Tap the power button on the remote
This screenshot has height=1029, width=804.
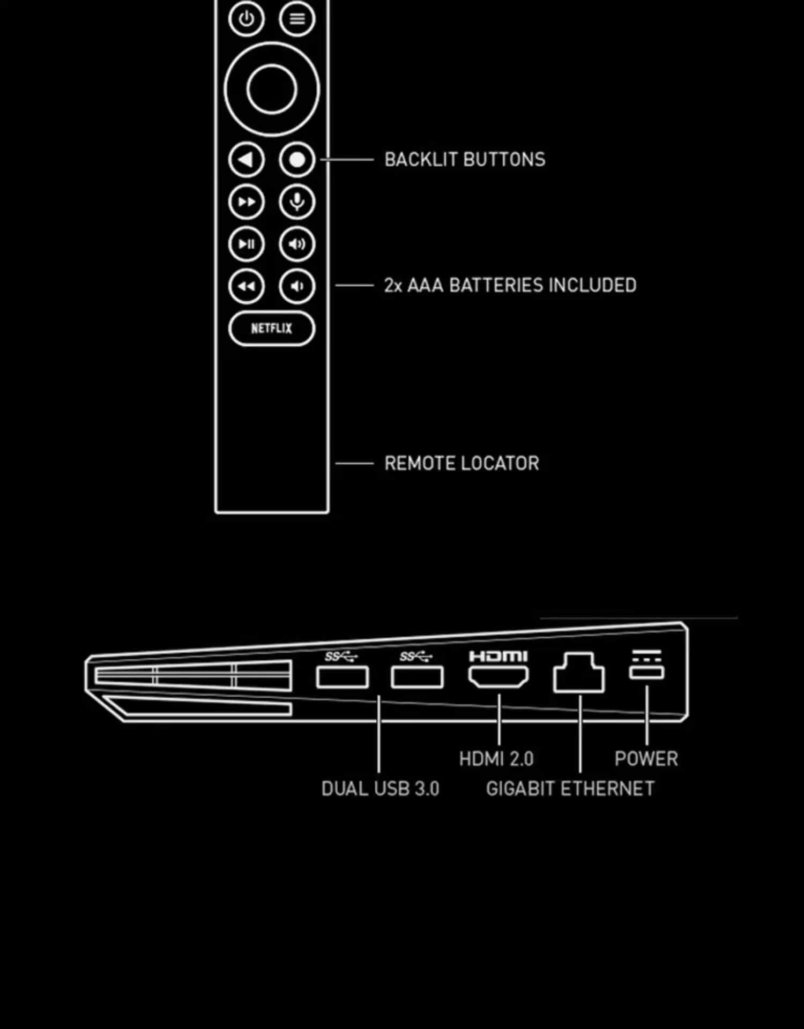(x=246, y=19)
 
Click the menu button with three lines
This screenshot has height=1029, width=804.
(x=297, y=19)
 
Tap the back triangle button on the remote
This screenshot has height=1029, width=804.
(x=246, y=160)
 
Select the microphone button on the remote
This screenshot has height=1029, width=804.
(x=297, y=202)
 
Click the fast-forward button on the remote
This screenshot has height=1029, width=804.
(x=246, y=202)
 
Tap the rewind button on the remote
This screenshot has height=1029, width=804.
(x=246, y=286)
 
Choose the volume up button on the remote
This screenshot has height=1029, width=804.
(x=297, y=244)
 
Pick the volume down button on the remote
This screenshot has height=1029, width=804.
(x=297, y=286)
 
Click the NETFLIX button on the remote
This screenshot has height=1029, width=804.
(x=272, y=328)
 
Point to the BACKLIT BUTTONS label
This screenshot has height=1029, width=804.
(x=465, y=160)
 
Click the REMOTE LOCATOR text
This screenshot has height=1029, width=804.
(x=461, y=464)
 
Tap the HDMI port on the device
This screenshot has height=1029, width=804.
(x=498, y=676)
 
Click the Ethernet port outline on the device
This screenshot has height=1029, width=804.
(x=579, y=674)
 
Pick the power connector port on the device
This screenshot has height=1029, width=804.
(x=646, y=672)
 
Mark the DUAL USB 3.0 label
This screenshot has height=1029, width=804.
(x=380, y=789)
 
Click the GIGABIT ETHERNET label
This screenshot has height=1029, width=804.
(x=570, y=789)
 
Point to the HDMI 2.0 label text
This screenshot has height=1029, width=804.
(x=496, y=759)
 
